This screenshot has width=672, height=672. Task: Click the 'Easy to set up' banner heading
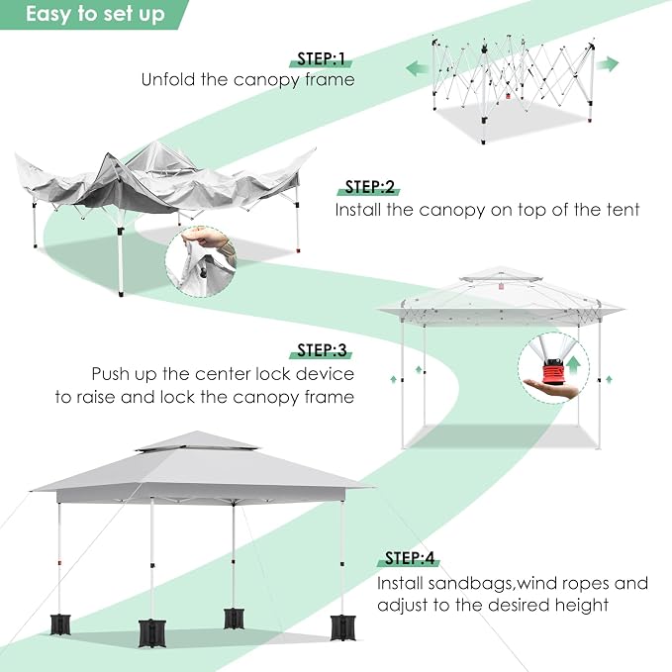[x=95, y=14]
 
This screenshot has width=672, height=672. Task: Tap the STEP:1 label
[x=321, y=58]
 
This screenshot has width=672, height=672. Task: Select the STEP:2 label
[x=369, y=187]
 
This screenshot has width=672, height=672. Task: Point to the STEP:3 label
[x=322, y=350]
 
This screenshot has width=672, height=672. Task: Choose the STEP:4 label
[x=410, y=558]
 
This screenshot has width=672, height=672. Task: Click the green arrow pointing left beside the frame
[x=417, y=68]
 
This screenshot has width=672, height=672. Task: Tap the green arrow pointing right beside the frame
[x=608, y=64]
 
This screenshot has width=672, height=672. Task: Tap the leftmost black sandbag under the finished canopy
[x=60, y=624]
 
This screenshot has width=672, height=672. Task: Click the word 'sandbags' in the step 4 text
[x=470, y=584]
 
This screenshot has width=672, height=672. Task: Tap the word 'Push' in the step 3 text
[x=111, y=374]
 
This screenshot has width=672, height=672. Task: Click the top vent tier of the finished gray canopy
[x=197, y=440]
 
